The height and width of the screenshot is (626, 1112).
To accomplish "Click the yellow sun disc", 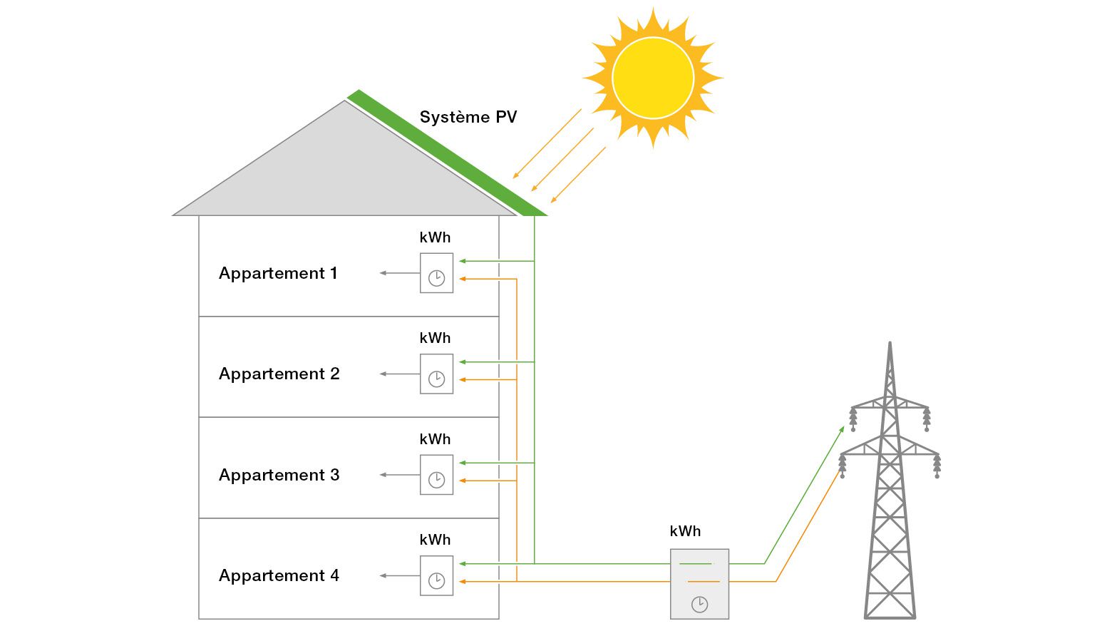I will tap(652, 78).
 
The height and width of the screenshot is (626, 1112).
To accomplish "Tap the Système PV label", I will tap(468, 118).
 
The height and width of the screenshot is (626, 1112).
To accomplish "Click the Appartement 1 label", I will tap(278, 273).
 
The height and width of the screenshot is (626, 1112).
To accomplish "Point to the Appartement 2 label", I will tap(279, 374).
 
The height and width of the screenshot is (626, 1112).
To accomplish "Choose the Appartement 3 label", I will tap(279, 475).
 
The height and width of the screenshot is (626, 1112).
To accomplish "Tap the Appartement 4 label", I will tap(279, 575).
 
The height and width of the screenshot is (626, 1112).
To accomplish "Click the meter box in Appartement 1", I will tap(436, 273).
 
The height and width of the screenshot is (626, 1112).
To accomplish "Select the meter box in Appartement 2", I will tap(436, 374).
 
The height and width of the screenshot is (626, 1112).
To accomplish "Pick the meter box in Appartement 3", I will tap(436, 475).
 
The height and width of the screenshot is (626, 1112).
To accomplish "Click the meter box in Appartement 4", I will tap(436, 575).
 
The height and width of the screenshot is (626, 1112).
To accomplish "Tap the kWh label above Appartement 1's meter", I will tap(435, 237).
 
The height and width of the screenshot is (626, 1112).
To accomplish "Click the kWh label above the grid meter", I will tap(685, 531).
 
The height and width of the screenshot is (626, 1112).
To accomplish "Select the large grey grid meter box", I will tap(699, 583).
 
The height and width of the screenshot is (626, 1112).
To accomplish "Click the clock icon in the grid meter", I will tap(699, 605).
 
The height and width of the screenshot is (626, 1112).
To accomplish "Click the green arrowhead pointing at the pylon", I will tap(842, 429).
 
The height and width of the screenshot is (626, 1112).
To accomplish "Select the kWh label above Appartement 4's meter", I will tap(435, 540).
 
